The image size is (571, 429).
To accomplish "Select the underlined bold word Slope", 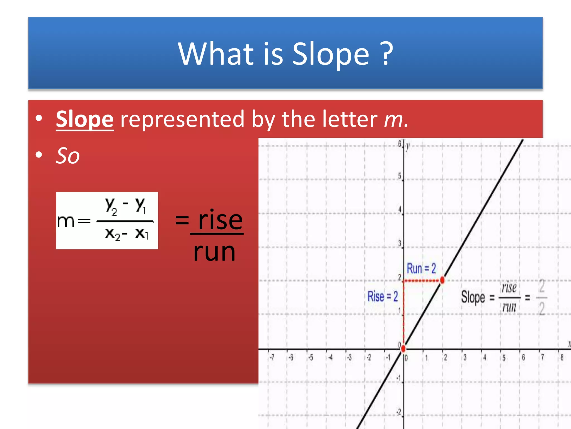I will point(85,120).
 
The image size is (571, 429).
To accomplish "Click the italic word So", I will point(68,156).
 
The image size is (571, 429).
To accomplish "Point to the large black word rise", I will point(220,221).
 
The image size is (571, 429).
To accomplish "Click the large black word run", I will point(214,252).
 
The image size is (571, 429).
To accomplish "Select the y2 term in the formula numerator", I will point(111,206).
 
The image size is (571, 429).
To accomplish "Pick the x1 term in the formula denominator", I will point(142,233).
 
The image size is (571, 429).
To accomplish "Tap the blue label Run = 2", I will point(421,268).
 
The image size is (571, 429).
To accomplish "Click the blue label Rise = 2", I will point(383,296).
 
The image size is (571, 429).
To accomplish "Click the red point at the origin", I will point(403,348).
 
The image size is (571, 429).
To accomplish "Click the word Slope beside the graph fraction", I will point(473,297).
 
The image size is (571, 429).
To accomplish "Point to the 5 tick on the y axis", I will point(400,176).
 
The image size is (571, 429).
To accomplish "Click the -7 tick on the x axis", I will point(272,357).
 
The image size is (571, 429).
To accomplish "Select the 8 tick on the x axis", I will point(562,357).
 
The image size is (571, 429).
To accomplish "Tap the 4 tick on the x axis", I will point(485,357).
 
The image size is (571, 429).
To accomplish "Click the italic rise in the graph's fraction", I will point(509,288).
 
